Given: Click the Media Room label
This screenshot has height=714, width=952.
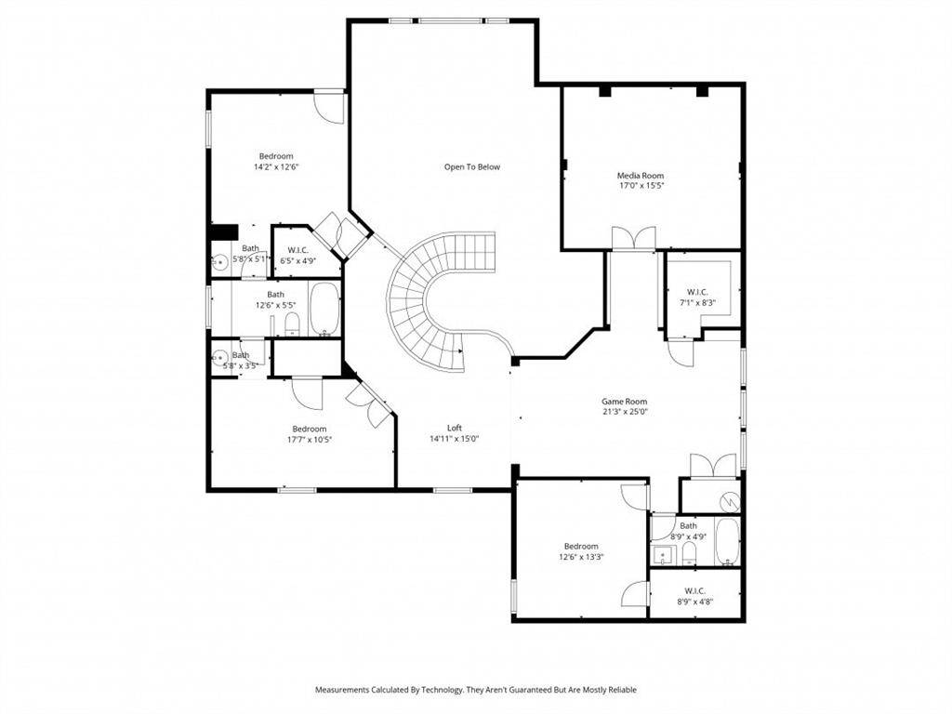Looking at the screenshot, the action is pyautogui.click(x=640, y=176).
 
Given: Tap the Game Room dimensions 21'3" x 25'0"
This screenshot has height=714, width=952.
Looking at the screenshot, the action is pyautogui.click(x=624, y=412).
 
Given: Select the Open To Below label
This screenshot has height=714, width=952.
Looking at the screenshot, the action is pyautogui.click(x=471, y=167).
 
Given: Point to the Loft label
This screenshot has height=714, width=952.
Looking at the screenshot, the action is pyautogui.click(x=454, y=428).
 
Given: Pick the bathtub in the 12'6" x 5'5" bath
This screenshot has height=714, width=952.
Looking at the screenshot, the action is pyautogui.click(x=324, y=309).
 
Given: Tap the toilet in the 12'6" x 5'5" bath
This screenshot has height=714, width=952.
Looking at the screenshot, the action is pyautogui.click(x=292, y=324).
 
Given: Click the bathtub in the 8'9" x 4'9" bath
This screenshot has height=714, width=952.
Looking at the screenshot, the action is pyautogui.click(x=727, y=541).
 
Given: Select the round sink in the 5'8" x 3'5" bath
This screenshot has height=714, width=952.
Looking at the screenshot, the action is pyautogui.click(x=219, y=358).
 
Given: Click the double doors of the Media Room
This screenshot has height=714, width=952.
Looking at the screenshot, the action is pyautogui.click(x=633, y=238).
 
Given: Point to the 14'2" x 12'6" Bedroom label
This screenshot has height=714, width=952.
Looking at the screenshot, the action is pyautogui.click(x=276, y=161).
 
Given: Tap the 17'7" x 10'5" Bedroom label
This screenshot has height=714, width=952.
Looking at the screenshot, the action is pyautogui.click(x=310, y=434).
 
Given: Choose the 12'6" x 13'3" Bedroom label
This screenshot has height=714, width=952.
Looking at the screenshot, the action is pyautogui.click(x=581, y=551).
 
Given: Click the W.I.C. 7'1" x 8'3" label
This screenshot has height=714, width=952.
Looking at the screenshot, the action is pyautogui.click(x=697, y=297).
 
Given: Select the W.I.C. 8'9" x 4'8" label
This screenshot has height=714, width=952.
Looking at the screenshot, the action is pyautogui.click(x=694, y=596).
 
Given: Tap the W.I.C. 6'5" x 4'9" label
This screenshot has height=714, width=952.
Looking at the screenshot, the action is pyautogui.click(x=298, y=256).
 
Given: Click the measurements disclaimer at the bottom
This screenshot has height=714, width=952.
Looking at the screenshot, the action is pyautogui.click(x=475, y=690).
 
